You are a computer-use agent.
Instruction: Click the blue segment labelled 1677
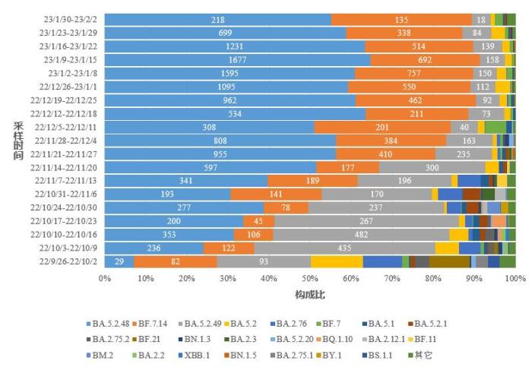point(237,59)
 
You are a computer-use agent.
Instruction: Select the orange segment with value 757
point(413,73)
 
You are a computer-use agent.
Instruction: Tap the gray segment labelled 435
point(345,248)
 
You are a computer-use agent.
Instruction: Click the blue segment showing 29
point(119,261)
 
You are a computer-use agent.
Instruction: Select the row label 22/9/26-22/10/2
point(66,261)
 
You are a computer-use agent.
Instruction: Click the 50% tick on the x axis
point(310,278)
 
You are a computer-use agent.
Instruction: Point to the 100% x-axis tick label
point(515,278)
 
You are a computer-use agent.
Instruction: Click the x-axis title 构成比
point(309,294)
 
